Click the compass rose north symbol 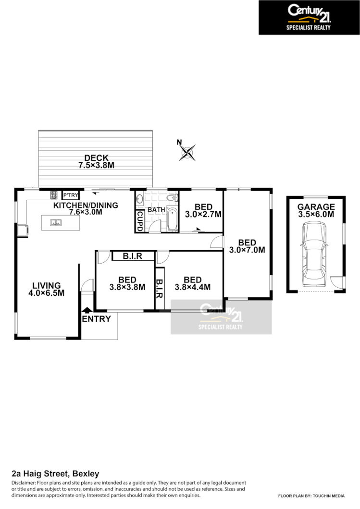tap(187, 152)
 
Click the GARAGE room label tap(316, 207)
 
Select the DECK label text tap(96, 158)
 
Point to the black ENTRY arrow tap(87, 311)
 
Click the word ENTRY tap(96, 319)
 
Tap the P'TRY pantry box tap(71, 195)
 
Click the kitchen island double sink tap(56, 222)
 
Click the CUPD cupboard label tap(140, 221)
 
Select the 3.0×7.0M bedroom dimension tap(247, 250)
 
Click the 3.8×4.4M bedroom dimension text tap(192, 288)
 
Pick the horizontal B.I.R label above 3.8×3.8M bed tap(132, 256)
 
